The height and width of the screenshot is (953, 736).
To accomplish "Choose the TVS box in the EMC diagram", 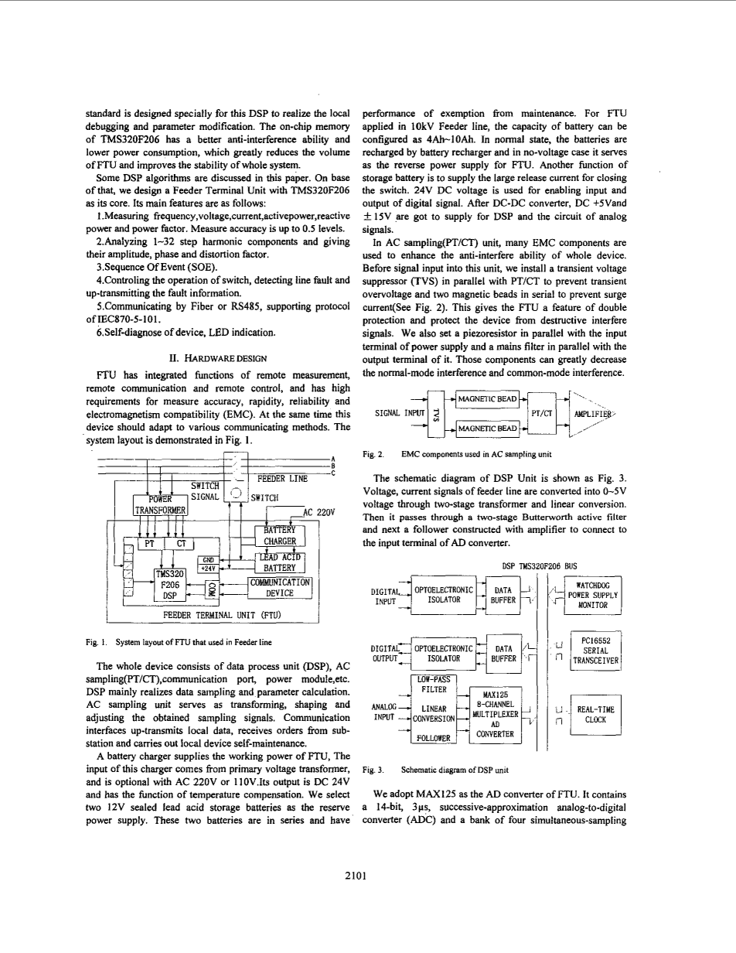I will tap(438, 412).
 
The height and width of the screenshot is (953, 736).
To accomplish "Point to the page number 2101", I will tap(367, 876).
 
